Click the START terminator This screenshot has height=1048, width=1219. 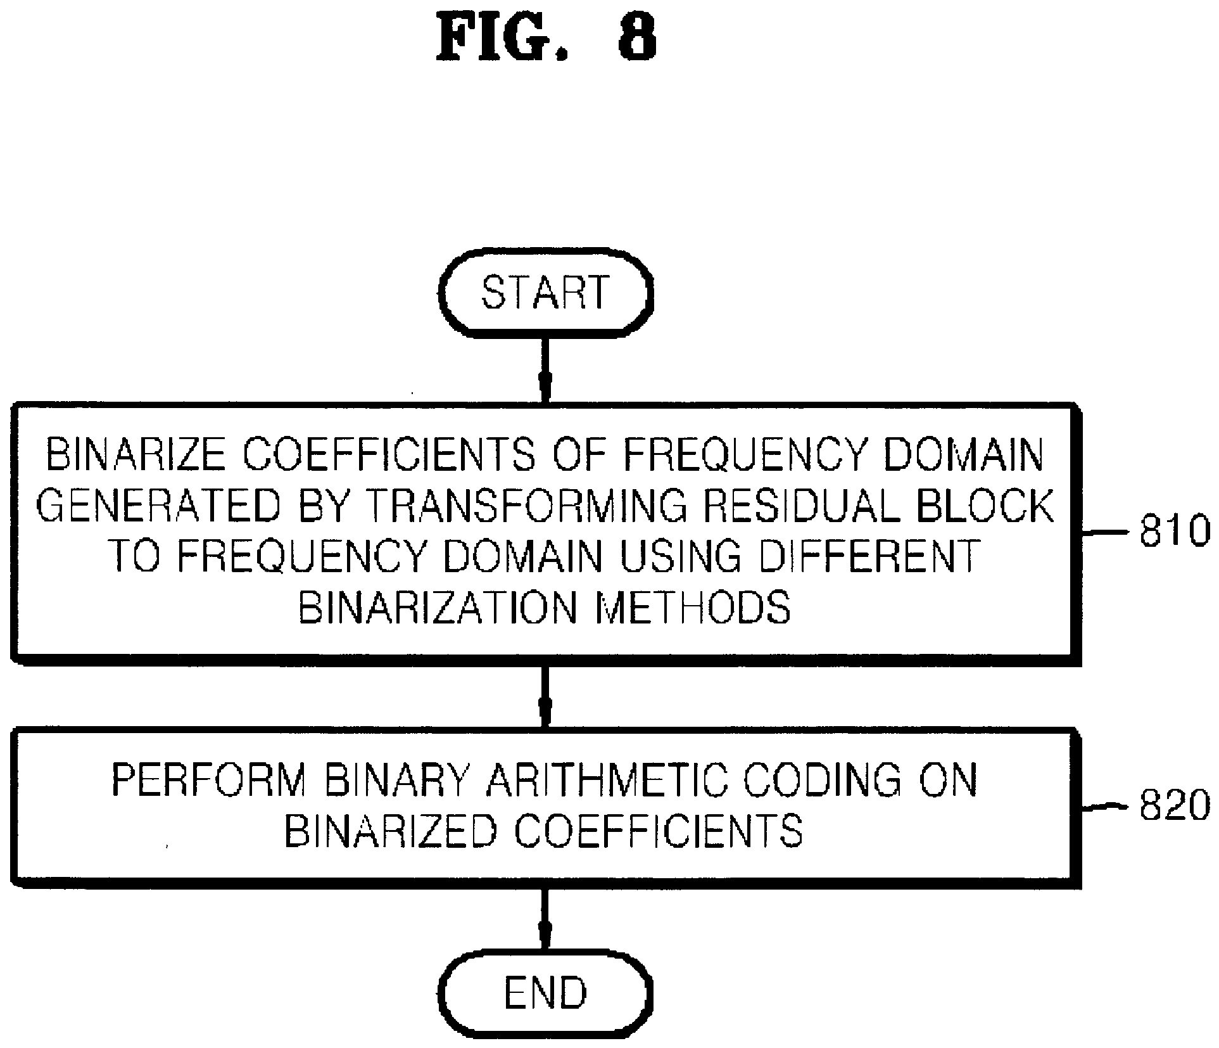pos(545,292)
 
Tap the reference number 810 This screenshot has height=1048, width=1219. pos(1175,532)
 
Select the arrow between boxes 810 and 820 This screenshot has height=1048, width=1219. pos(545,696)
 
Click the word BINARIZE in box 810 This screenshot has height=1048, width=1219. pos(136,455)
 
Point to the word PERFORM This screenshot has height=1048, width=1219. pos(208,781)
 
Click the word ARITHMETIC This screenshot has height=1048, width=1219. pos(607,781)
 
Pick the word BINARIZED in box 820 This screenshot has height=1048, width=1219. pos(389,831)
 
